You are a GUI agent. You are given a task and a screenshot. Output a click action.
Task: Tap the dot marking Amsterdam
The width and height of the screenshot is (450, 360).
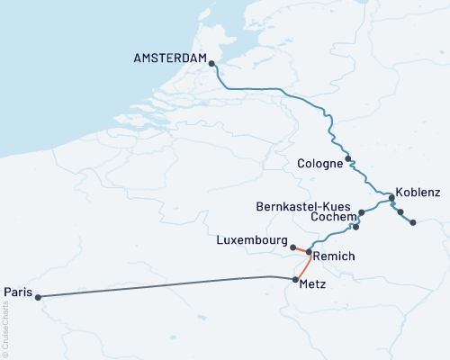(211, 64)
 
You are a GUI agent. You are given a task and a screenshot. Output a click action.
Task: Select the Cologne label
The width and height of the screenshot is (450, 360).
(319, 164)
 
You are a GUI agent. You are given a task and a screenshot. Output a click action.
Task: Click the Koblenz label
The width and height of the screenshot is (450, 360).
(418, 193)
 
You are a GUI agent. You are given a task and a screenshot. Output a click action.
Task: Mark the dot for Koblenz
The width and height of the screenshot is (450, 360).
(391, 198)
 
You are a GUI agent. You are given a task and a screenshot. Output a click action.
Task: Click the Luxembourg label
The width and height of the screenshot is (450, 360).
(252, 241)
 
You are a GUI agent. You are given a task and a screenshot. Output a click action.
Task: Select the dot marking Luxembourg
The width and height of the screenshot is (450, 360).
(293, 246)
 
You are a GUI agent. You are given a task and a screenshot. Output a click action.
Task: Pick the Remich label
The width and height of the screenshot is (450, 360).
(335, 256)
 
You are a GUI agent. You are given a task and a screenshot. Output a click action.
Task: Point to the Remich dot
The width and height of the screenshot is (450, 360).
(309, 252)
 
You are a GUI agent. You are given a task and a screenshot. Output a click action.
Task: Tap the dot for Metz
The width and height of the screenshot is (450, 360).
(295, 280)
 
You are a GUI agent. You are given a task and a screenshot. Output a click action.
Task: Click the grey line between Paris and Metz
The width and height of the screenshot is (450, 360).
(162, 286)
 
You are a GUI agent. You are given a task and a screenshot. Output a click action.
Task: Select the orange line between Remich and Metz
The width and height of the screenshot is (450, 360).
(304, 265)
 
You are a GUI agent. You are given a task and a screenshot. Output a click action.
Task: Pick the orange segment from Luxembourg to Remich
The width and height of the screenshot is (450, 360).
(301, 249)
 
